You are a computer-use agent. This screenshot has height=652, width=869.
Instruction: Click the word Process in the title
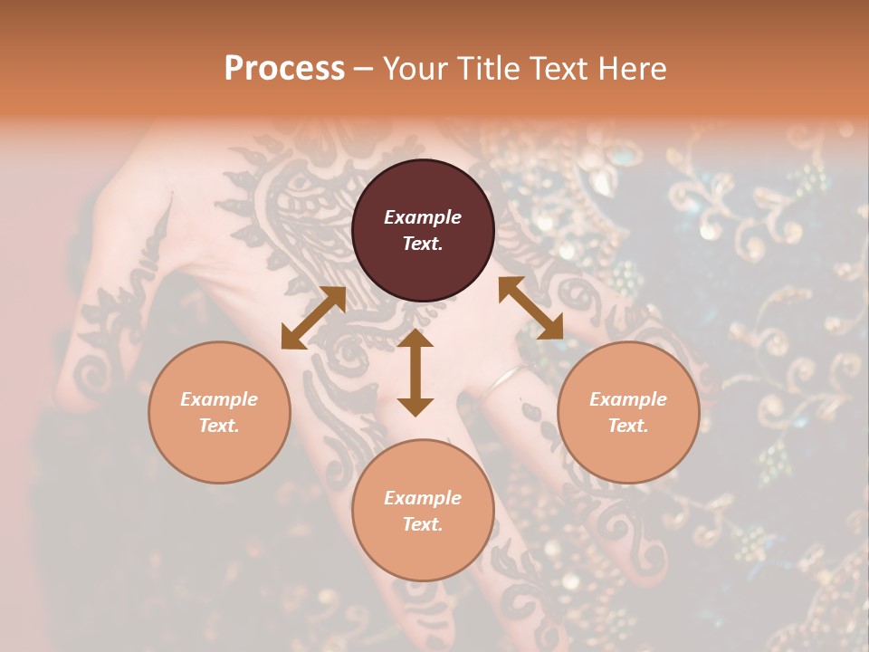coord(284,69)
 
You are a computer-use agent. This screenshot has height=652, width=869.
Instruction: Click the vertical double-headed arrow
coord(415,372)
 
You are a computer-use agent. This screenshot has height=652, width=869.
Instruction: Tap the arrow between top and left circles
coord(313,318)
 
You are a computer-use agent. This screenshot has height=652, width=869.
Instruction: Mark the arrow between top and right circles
coord(530,308)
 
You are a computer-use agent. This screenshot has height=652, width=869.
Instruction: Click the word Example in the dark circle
coord(423,217)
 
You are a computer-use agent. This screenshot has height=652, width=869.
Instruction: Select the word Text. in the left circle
coord(219,426)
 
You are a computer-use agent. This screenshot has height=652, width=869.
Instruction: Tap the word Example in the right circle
coord(628,399)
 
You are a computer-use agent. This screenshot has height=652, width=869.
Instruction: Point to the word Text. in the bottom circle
coord(423,524)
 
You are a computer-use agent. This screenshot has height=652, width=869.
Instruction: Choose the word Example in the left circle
coord(219,399)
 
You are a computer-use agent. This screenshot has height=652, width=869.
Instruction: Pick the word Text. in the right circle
coord(628,426)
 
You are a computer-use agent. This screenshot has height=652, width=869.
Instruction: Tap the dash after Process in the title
coord(364,70)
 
